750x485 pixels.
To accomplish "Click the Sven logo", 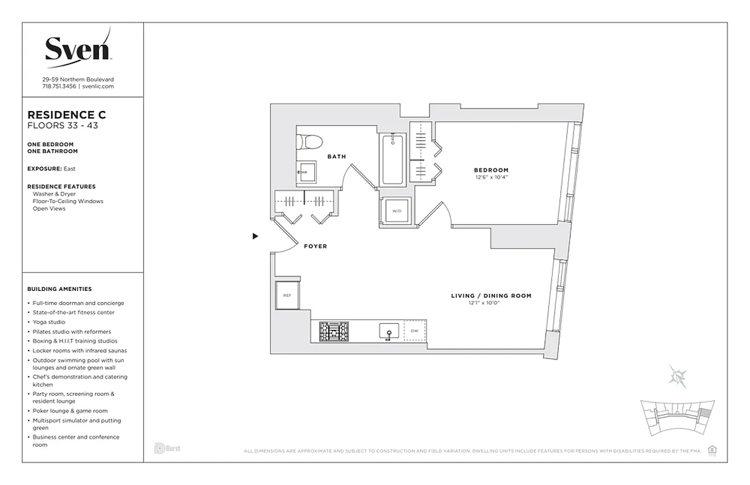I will [78, 47].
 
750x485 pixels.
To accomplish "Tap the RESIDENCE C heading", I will [67, 115].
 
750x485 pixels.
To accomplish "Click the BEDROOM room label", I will [492, 170].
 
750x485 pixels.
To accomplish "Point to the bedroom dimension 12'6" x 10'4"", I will [492, 178].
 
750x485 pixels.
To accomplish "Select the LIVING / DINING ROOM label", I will [491, 296].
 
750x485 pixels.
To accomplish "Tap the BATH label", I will [337, 156].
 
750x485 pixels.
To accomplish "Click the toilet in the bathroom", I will [309, 142].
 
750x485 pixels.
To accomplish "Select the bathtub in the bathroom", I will [393, 159].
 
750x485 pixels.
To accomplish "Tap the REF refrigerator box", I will [287, 295].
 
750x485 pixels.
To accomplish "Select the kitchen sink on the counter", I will [388, 331].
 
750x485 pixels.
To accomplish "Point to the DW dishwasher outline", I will [414, 331].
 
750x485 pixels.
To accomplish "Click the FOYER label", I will [315, 246].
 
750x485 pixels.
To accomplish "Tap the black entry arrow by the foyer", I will [255, 236].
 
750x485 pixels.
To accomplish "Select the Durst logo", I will [167, 449].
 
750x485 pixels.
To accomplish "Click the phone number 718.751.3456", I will [59, 87].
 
